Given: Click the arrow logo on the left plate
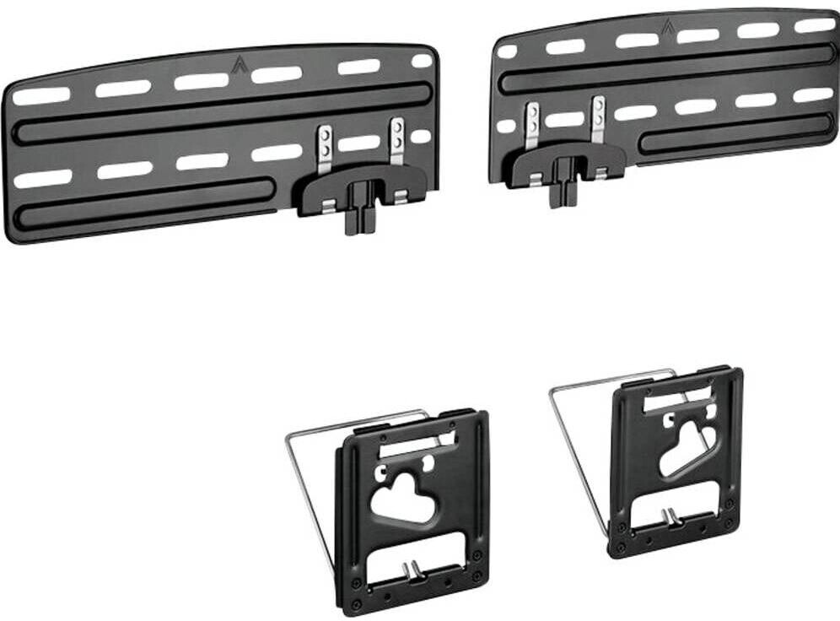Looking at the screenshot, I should coord(238,62).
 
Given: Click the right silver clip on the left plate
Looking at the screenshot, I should coord(396,142).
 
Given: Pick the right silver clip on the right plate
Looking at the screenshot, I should coord(598,116).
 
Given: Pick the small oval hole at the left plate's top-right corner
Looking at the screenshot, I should coord(422,61).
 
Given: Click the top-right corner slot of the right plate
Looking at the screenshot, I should coord(815,25).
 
